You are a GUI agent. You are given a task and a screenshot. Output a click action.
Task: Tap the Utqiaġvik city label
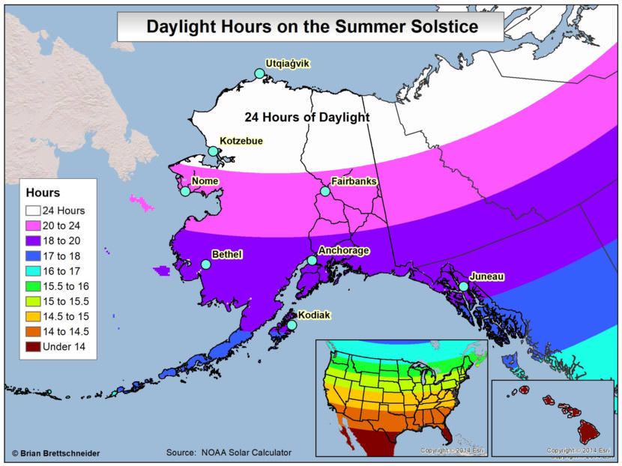tap(287, 64)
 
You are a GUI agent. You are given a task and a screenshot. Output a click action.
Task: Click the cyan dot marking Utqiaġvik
tap(259, 73)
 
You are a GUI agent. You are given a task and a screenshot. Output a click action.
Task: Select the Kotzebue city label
tap(241, 141)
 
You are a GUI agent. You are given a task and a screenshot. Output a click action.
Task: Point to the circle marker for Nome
tap(185, 191)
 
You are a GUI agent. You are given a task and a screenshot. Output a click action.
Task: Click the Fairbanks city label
tap(354, 181)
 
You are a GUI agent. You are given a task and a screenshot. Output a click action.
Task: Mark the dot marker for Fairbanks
tap(325, 191)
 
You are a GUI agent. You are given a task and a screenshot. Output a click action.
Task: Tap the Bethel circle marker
tap(205, 264)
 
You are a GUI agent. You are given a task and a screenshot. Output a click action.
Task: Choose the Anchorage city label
tap(343, 250)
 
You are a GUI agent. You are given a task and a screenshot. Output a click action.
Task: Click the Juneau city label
tap(486, 276)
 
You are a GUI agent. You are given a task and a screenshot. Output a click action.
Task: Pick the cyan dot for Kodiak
tap(292, 324)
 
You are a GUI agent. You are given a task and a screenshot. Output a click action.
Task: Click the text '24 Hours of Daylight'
tap(307, 118)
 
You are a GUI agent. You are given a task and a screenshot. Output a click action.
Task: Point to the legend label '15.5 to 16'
tap(66, 286)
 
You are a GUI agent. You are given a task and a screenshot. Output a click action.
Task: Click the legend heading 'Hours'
tap(43, 193)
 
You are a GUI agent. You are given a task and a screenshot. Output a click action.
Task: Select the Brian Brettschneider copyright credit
tap(55, 453)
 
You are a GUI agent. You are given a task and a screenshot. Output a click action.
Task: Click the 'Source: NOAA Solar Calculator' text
tap(229, 453)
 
